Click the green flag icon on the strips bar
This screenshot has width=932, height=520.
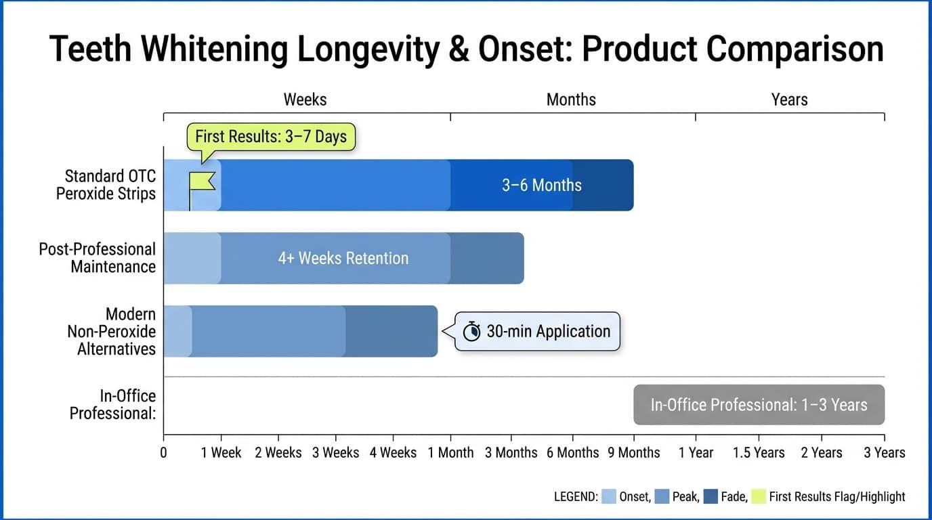tap(201, 181)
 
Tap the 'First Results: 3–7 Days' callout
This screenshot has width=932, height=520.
tap(270, 137)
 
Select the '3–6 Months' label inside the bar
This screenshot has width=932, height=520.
tap(541, 185)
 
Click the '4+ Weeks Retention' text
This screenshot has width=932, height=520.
tap(343, 258)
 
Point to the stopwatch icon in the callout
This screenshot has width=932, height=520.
tap(471, 332)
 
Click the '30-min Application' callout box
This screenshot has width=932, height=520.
tap(537, 331)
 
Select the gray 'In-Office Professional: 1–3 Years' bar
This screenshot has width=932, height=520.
tap(759, 405)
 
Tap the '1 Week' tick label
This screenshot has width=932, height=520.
tap(221, 452)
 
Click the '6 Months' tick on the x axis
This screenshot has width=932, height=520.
tap(572, 452)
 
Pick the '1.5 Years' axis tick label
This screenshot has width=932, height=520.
tap(759, 452)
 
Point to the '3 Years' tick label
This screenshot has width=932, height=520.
tap(884, 452)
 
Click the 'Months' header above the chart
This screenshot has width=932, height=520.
tap(571, 100)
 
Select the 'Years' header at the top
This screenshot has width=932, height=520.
tap(789, 100)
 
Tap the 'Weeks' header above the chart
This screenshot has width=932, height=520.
tap(305, 100)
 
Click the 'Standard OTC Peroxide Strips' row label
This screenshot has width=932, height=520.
tap(106, 185)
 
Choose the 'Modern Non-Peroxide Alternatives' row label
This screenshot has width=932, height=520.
tap(111, 331)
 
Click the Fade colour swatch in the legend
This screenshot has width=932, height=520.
tap(711, 496)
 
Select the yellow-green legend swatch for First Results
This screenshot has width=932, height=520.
tap(759, 496)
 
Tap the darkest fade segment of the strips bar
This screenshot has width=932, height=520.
tap(603, 185)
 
